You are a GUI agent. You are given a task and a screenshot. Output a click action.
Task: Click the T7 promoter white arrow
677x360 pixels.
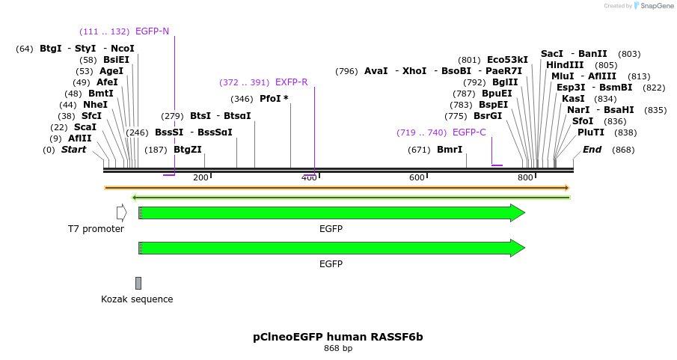pos(121,213)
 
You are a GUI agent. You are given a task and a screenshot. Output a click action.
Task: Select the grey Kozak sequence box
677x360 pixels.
pos(138,283)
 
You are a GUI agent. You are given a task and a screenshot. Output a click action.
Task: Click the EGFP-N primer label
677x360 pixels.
pos(152,31)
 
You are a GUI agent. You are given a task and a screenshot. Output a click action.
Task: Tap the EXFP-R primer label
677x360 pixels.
pos(291,82)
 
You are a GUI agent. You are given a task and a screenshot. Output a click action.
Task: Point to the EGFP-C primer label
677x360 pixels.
pos(469,132)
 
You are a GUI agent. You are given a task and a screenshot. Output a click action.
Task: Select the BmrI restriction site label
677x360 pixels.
pos(450,150)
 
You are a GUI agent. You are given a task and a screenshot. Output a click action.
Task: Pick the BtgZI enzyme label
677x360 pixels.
pos(188,150)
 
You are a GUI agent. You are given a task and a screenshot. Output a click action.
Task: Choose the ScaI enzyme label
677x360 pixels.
pos(85,127)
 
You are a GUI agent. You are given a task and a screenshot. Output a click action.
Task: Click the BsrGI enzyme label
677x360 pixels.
pos(488,116)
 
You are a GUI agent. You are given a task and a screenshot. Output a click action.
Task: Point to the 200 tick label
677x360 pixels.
pos(200,177)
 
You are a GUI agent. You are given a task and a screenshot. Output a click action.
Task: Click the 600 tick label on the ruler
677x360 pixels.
pos(417,177)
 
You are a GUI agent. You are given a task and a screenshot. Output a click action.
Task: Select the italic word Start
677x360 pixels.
pos(73,150)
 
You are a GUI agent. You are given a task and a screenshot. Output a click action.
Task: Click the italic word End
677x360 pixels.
pos(592,150)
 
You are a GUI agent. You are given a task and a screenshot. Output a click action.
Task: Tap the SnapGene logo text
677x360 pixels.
pos(655,6)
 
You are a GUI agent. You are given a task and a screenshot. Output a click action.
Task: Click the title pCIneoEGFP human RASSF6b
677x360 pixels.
pos(338,337)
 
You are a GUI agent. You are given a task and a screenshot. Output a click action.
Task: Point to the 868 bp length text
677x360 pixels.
pos(338,348)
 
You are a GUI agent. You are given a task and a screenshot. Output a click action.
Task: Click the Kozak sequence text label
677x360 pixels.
pos(137,299)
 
